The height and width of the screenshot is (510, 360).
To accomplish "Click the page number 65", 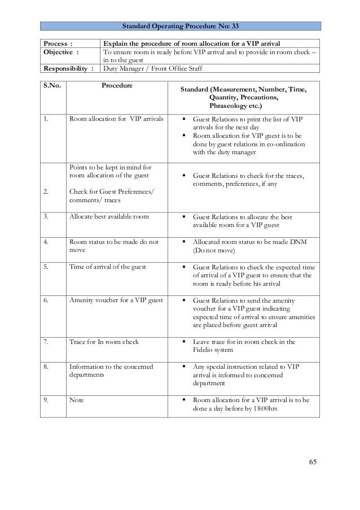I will [x=313, y=463].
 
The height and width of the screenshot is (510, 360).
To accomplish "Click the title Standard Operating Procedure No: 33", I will [x=181, y=26].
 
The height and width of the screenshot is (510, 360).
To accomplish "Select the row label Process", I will [x=55, y=43].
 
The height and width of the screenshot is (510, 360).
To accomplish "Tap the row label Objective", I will [x=59, y=53].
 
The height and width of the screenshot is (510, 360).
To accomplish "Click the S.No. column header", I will [x=52, y=86].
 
